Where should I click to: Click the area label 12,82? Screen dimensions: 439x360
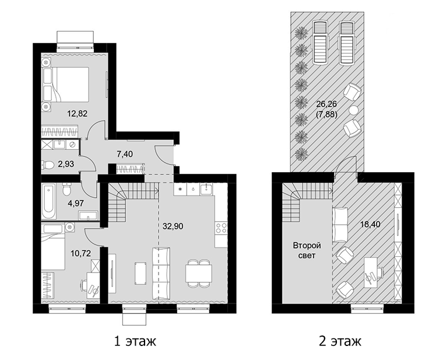pyautogui.click(x=78, y=113)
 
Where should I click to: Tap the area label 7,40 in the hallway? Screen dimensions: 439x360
pyautogui.click(x=125, y=154)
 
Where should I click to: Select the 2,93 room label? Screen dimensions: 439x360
pyautogui.click(x=66, y=164)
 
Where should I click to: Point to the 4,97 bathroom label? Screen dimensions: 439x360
pyautogui.click(x=76, y=202)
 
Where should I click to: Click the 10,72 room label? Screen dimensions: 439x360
pyautogui.click(x=80, y=254)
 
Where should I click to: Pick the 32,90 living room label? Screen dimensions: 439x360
pyautogui.click(x=173, y=226)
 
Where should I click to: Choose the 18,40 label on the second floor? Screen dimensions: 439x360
pyautogui.click(x=370, y=224)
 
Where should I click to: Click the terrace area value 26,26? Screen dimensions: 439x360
pyautogui.click(x=326, y=104)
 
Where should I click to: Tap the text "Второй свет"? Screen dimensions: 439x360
pyautogui.click(x=307, y=250)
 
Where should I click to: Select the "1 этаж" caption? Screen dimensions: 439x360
pyautogui.click(x=135, y=341)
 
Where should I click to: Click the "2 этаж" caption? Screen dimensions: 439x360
pyautogui.click(x=340, y=341)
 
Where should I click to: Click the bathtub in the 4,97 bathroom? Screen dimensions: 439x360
pyautogui.click(x=50, y=201)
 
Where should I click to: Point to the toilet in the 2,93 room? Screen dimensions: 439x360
pyautogui.click(x=48, y=165)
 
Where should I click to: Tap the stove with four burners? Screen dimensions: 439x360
pyautogui.click(x=221, y=228)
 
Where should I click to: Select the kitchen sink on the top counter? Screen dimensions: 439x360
pyautogui.click(x=206, y=190)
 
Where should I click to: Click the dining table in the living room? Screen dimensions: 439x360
pyautogui.click(x=199, y=273)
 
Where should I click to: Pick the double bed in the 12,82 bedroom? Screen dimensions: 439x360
pyautogui.click(x=65, y=84)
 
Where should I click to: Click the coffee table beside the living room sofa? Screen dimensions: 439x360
pyautogui.click(x=141, y=272)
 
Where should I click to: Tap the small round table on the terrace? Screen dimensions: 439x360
pyautogui.click(x=354, y=109)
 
